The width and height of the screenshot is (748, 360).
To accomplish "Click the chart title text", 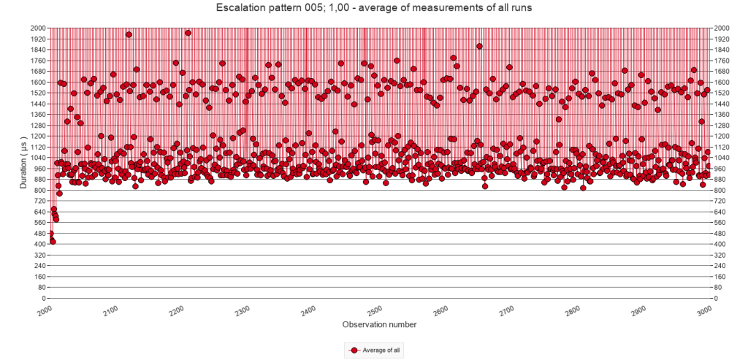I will click(373, 8).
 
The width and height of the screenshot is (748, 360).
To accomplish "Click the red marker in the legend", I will click(354, 351).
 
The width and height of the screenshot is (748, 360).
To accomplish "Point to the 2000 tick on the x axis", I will click(43, 310).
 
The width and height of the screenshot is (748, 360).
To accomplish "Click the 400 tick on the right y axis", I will click(720, 244).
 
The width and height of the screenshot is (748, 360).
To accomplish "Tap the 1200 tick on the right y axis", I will click(722, 136).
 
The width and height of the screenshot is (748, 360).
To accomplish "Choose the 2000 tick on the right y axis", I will click(722, 28).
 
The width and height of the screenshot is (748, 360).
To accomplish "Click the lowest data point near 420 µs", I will click(53, 241).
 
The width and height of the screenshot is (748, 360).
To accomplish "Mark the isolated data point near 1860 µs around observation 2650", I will click(479, 46).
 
